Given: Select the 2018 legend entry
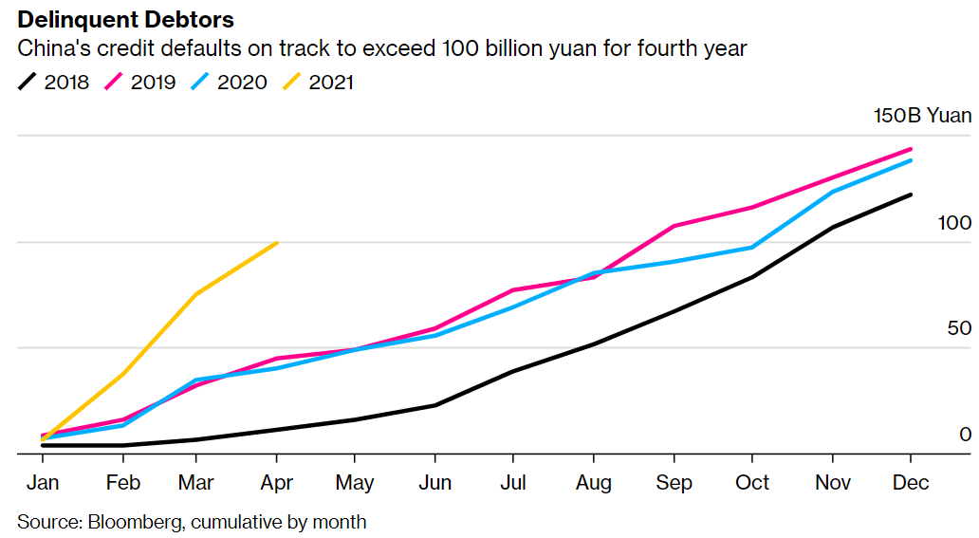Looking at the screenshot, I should [x=54, y=83].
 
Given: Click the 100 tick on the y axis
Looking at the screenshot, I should [x=954, y=223].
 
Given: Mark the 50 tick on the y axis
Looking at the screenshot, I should [x=959, y=328].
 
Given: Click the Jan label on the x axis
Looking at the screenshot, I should [x=43, y=483].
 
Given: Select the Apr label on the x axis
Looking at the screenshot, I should [x=275, y=483].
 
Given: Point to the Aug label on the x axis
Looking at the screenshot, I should [x=594, y=483].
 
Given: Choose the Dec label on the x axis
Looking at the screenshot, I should [x=911, y=483].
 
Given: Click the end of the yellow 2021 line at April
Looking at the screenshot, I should [x=276, y=243].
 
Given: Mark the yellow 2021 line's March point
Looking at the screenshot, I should [x=196, y=294].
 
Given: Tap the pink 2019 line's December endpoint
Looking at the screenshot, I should [x=911, y=149].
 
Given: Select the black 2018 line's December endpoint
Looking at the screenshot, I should [x=911, y=195].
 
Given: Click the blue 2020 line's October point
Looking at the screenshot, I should [x=752, y=248].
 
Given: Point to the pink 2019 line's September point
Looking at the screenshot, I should [x=673, y=226].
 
